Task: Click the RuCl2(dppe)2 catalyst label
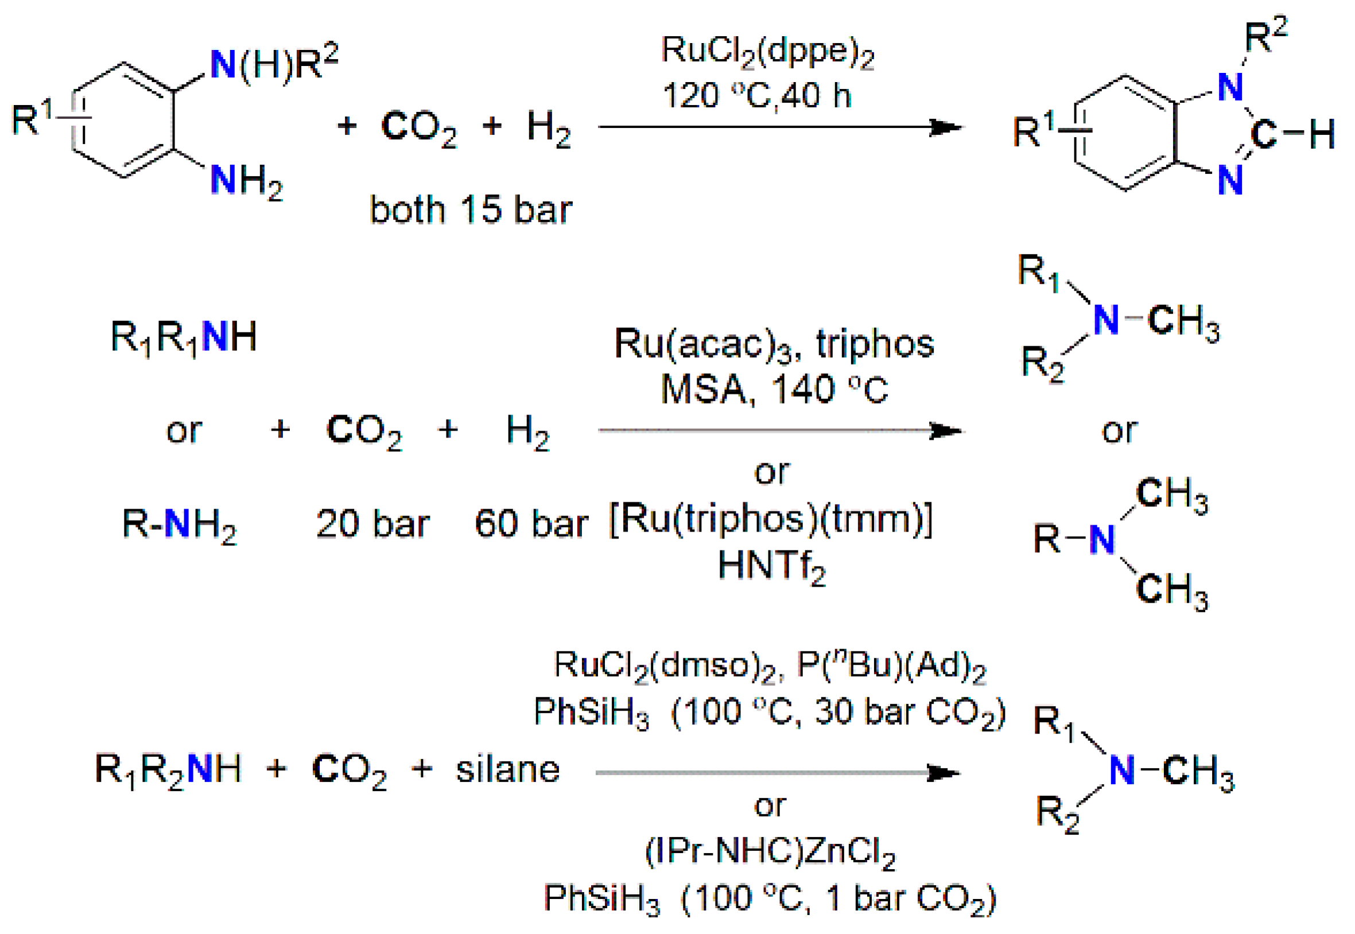click(x=767, y=52)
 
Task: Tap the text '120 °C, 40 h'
click(x=757, y=95)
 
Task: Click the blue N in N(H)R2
click(x=223, y=64)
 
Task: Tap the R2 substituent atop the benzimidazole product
click(x=1265, y=37)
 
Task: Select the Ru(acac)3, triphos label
click(x=774, y=344)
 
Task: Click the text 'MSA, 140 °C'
click(x=774, y=389)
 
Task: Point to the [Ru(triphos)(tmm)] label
click(x=771, y=518)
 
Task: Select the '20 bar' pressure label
click(x=372, y=524)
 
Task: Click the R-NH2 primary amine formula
click(x=179, y=524)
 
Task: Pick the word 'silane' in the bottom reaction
click(x=507, y=770)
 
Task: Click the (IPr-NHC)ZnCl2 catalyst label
click(x=770, y=851)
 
